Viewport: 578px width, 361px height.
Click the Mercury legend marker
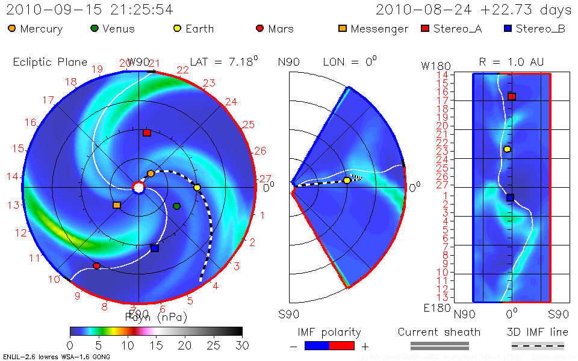pyautogui.click(x=12, y=28)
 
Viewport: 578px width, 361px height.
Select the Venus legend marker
pyautogui.click(x=95, y=28)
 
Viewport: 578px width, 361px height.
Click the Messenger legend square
pyautogui.click(x=343, y=28)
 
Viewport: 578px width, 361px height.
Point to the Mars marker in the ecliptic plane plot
pyautogui.click(x=96, y=265)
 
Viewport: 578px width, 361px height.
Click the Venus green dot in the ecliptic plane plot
pyautogui.click(x=176, y=206)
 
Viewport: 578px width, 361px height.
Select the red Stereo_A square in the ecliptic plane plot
pyautogui.click(x=147, y=132)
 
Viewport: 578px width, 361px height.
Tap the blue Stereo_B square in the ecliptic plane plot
pyautogui.click(x=155, y=248)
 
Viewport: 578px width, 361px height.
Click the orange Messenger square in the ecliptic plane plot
pyautogui.click(x=117, y=205)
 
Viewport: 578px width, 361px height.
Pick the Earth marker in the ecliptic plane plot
pyautogui.click(x=197, y=188)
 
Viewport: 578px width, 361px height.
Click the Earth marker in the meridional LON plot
pyautogui.click(x=347, y=180)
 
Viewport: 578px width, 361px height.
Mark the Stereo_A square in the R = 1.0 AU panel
pyautogui.click(x=512, y=96)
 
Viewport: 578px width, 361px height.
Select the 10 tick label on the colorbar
pyautogui.click(x=127, y=345)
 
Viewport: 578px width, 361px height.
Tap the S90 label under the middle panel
pyautogui.click(x=289, y=313)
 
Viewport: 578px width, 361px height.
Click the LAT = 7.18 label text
pyautogui.click(x=223, y=61)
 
